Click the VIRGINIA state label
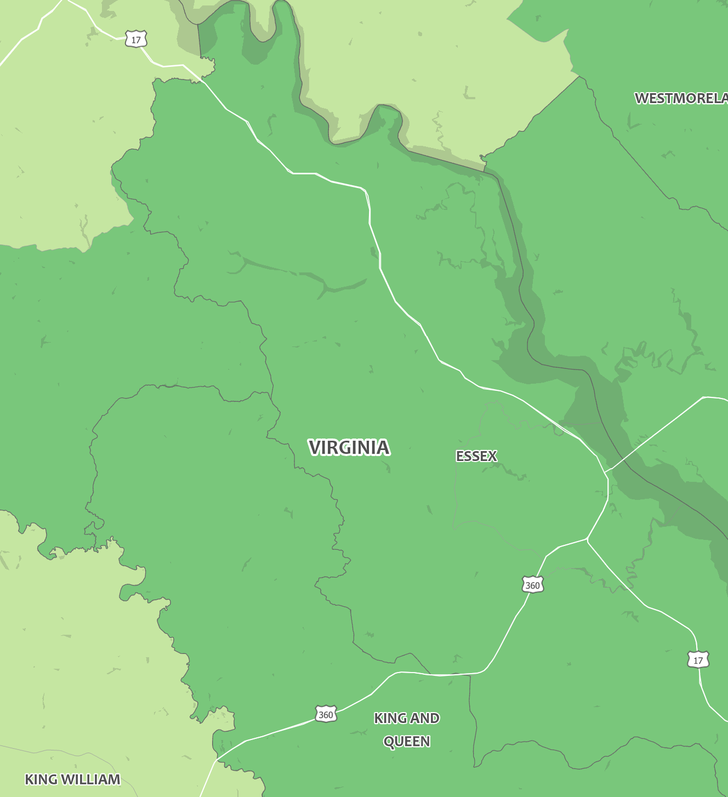click(x=349, y=448)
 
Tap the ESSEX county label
click(x=476, y=456)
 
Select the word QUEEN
click(x=407, y=742)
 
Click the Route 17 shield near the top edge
click(x=136, y=39)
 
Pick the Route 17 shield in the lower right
click(x=698, y=660)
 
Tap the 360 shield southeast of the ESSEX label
click(x=532, y=585)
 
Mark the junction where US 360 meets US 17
click(x=587, y=539)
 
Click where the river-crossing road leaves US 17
click(x=605, y=472)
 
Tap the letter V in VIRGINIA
click(x=315, y=448)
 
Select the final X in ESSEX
click(x=493, y=456)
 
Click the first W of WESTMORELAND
click(x=641, y=99)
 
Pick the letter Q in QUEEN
click(x=389, y=742)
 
